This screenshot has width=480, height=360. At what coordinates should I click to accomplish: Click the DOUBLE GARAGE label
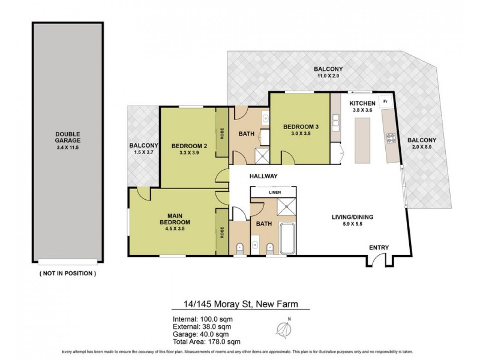pyautogui.click(x=67, y=138)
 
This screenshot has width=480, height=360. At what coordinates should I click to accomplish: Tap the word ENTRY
pyautogui.click(x=379, y=247)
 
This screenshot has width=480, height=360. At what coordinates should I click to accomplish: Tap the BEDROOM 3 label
pyautogui.click(x=299, y=127)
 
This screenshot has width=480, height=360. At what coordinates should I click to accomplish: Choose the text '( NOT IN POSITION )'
pyautogui.click(x=67, y=273)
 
